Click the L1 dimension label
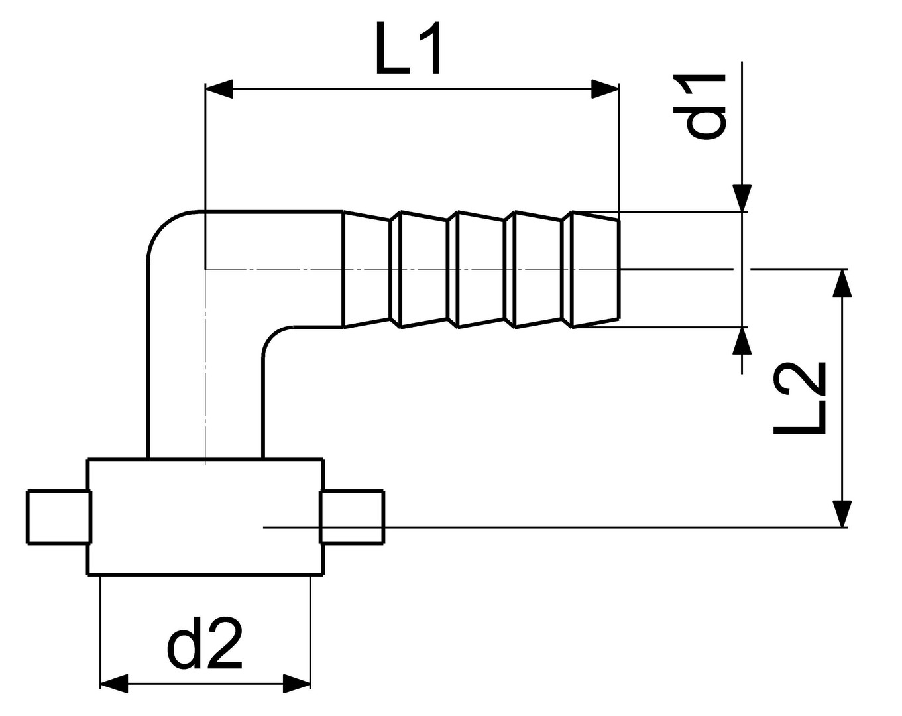pos(407,48)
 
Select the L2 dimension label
pos(799,398)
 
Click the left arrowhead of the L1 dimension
pos(219,89)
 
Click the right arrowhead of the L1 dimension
pos(604,89)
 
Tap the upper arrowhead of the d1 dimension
pos(742,198)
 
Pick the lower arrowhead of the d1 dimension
pos(742,341)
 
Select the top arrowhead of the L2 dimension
pos(842,283)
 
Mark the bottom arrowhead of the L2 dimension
pos(842,514)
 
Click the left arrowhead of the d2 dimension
pos(113,684)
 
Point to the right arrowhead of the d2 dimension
pos(296,684)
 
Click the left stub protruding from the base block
pos(58,517)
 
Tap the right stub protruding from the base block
pos(352,517)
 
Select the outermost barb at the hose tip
pos(595,269)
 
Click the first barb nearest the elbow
pos(366,269)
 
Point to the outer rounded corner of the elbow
pos(164,229)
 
